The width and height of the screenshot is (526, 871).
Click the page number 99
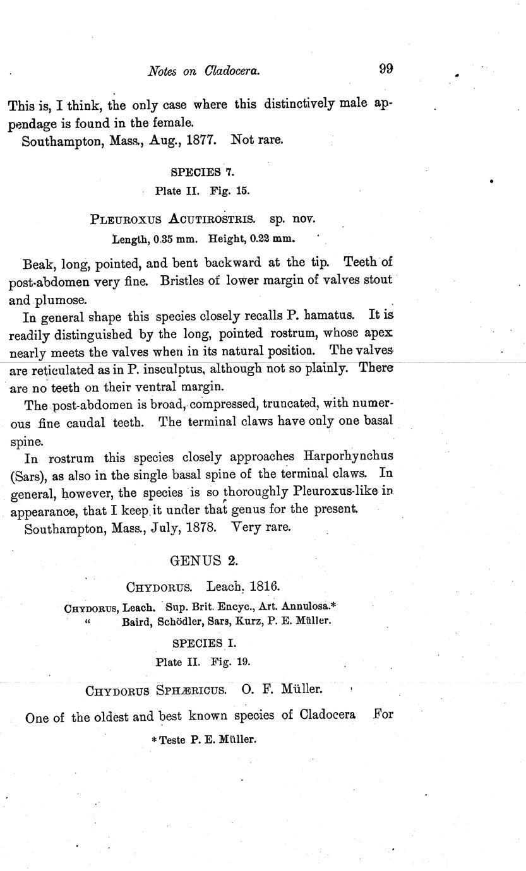pos(386,69)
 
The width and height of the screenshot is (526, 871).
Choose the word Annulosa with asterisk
pos(308,607)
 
